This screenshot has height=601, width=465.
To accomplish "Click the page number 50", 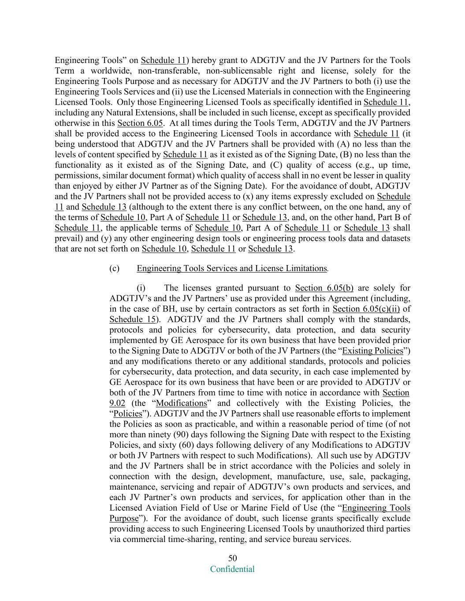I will pos(232,558).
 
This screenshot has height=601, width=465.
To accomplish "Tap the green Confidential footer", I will pos(232,569).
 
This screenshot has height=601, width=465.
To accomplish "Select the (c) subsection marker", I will pos(114,268).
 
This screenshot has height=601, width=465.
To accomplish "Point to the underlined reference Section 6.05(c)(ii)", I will pos(366,309).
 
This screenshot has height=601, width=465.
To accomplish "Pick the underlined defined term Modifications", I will pos(181,403).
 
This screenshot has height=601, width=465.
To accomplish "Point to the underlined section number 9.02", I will pos(117,403).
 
